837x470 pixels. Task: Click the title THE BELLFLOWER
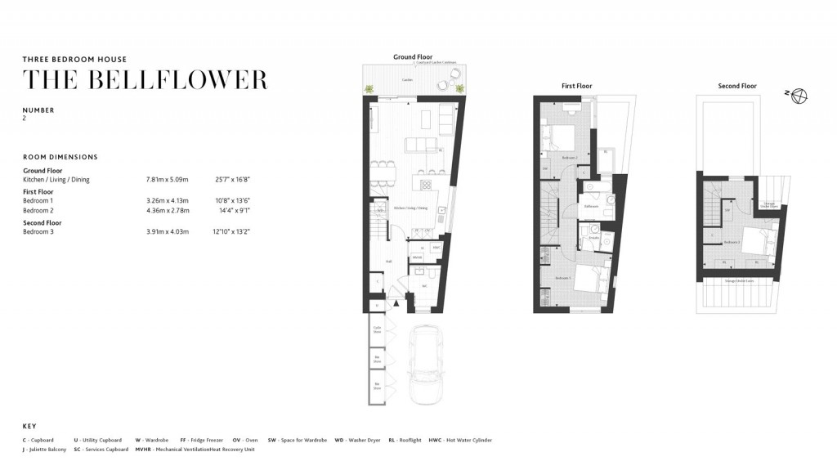coord(145,80)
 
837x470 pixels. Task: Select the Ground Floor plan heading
coord(413,57)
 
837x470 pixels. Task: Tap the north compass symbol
coord(799,96)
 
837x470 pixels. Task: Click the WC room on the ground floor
coord(424,286)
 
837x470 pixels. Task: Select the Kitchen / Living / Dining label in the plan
coord(412,208)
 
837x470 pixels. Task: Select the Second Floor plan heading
coord(736,86)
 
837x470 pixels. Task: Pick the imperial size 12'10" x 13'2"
coord(232,231)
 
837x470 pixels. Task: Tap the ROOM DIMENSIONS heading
coord(60,157)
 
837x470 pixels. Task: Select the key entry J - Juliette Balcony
coord(46,449)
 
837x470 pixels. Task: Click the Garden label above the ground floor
coord(406,80)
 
